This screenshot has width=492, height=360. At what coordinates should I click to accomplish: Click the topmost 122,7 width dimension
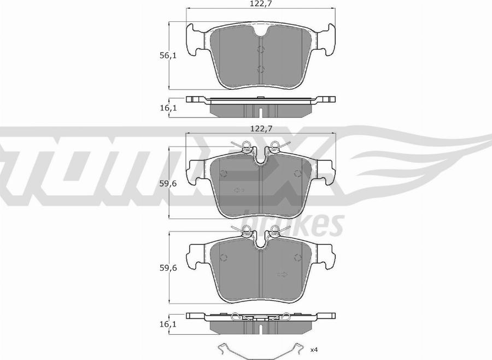261,4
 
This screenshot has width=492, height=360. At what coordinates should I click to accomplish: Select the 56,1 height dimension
168,56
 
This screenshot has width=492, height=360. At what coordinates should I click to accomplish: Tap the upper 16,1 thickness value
168,108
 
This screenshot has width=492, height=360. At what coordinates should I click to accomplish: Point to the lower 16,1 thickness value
168,324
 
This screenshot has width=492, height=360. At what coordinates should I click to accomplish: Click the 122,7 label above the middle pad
261,129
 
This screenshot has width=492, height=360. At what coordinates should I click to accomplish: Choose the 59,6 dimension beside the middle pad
168,183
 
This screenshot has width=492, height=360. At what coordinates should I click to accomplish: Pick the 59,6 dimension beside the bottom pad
168,268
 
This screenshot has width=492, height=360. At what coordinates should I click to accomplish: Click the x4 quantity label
314,349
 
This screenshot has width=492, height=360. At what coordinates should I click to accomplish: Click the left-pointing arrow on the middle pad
239,190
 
